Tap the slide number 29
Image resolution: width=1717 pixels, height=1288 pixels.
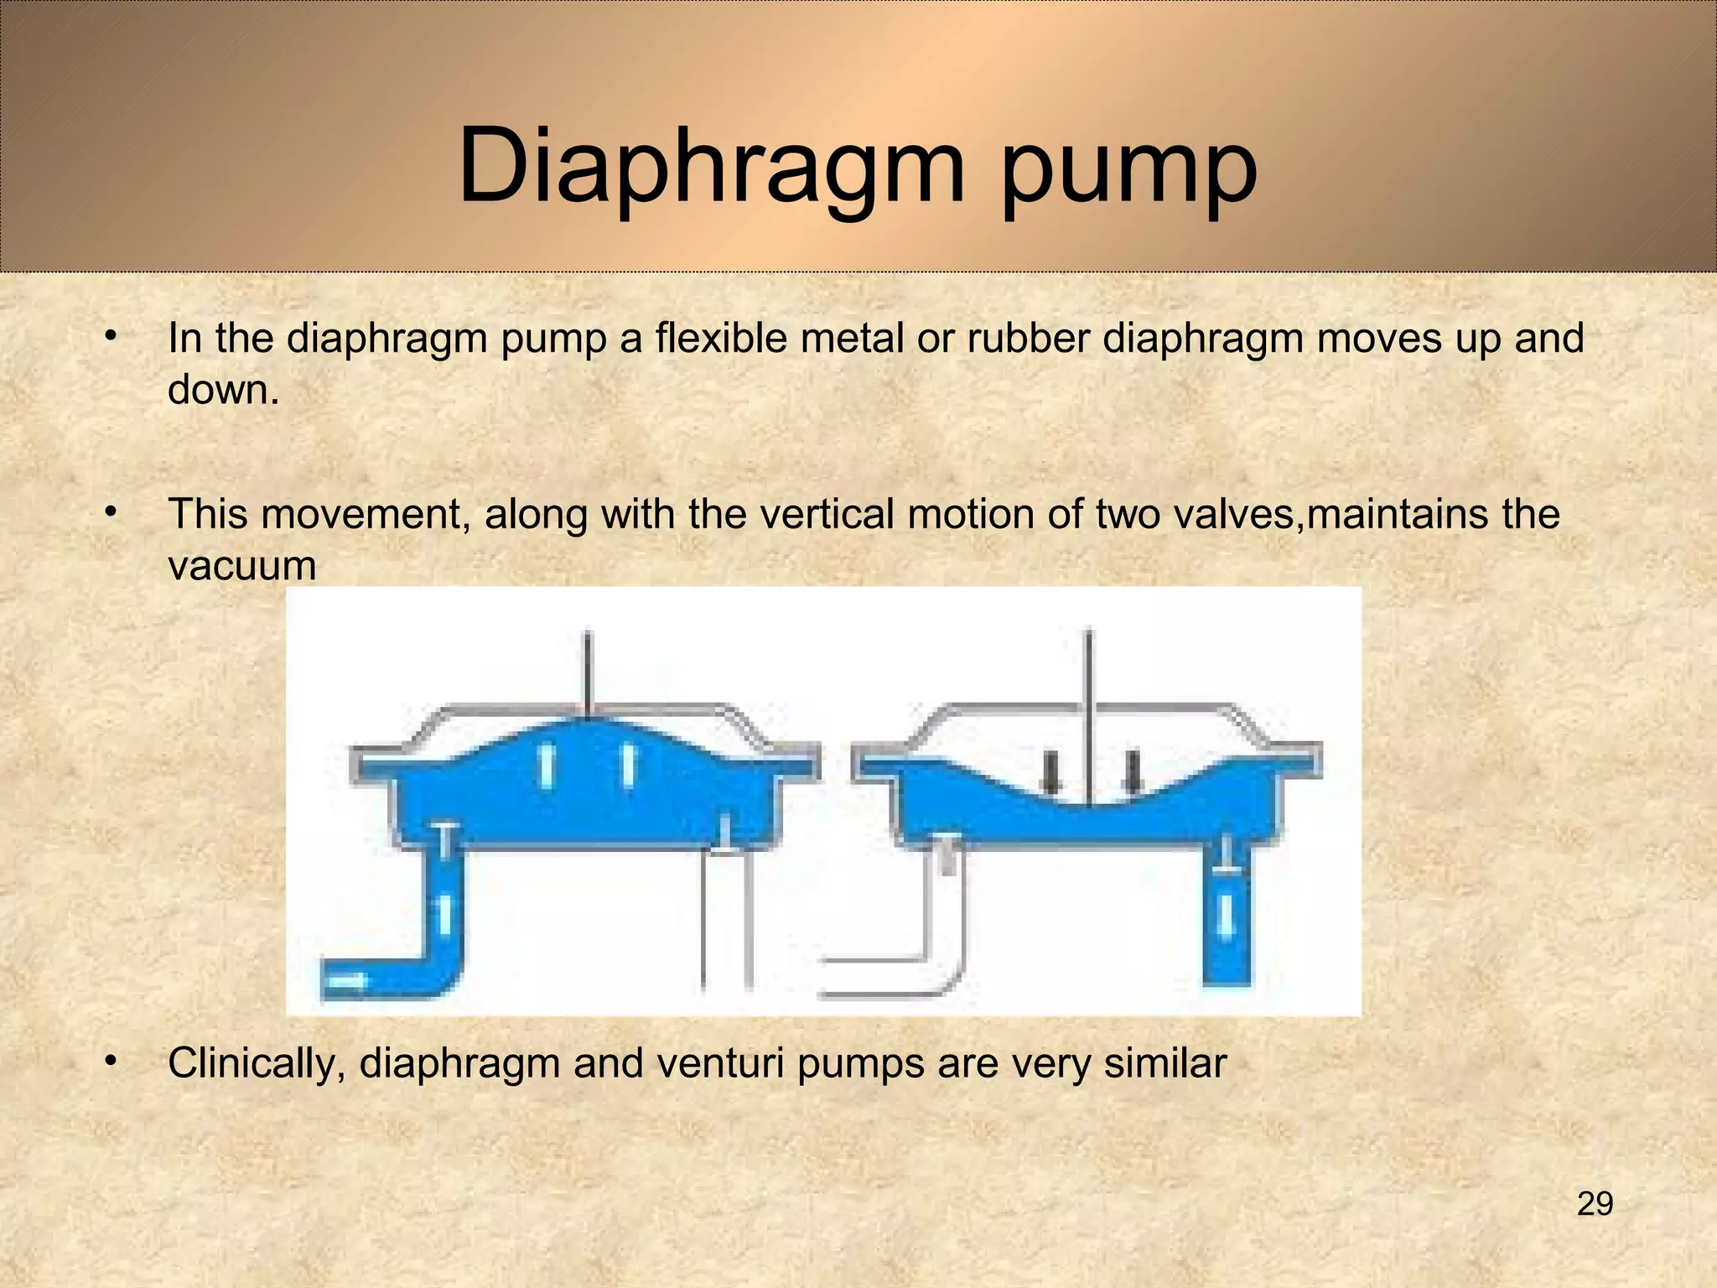tap(1595, 1203)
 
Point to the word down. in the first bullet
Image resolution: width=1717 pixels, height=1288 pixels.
tap(223, 390)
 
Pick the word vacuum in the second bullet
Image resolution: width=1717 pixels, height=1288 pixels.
tap(242, 565)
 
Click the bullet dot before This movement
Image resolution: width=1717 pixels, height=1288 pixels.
tap(109, 512)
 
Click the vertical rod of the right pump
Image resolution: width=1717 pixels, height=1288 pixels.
tap(1088, 713)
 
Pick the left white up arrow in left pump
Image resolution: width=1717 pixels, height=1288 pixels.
tap(547, 766)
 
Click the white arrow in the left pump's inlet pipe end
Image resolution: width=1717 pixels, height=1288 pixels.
tap(345, 979)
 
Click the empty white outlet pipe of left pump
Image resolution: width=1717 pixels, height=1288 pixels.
tap(726, 922)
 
